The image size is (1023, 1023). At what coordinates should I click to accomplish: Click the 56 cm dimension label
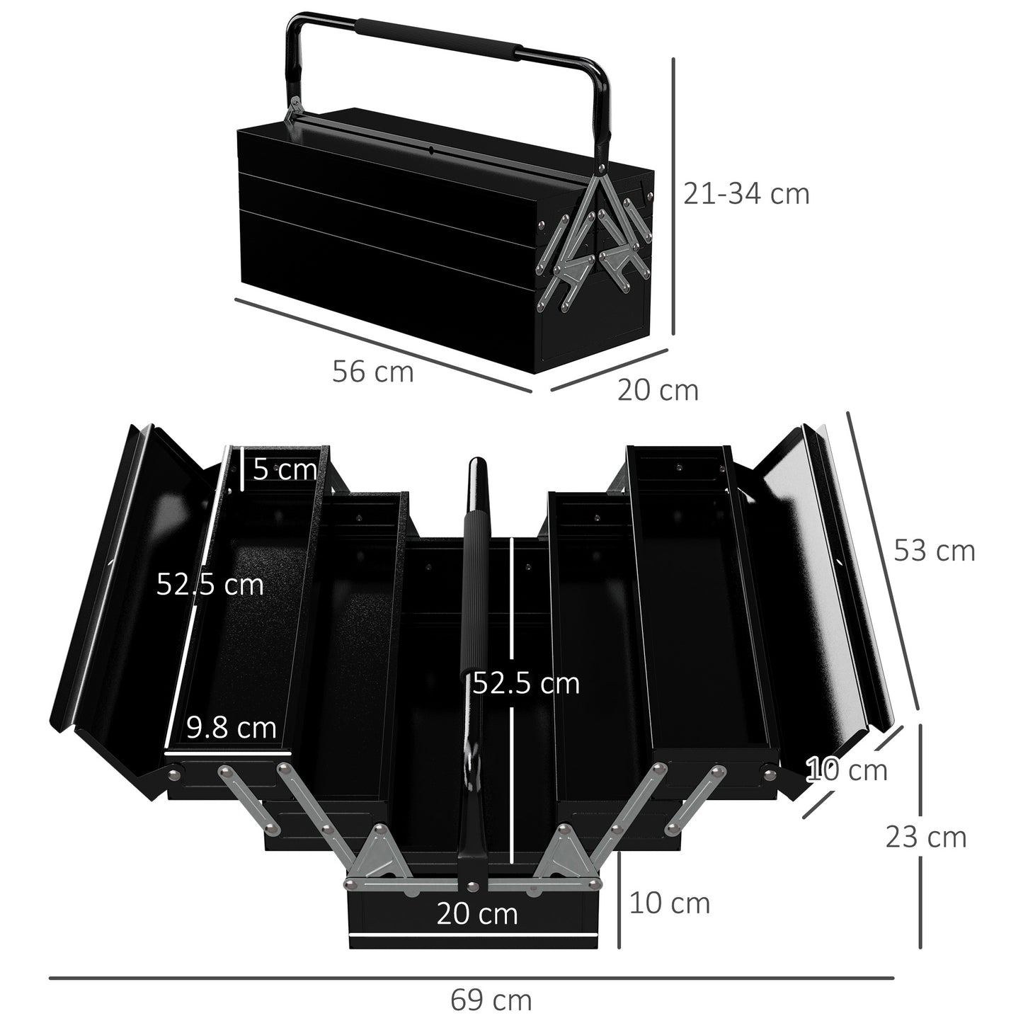coord(372,372)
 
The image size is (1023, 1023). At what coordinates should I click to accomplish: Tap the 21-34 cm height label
coord(746,193)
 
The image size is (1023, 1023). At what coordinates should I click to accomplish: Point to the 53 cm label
coord(935,550)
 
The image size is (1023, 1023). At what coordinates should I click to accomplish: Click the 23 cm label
coord(925,837)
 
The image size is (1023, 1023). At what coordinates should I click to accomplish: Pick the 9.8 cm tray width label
coord(232,727)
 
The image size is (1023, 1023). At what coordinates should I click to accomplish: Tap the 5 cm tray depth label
coord(284,469)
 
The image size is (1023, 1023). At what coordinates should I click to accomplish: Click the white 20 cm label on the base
coord(476,913)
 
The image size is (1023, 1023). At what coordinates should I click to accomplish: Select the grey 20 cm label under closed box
coord(658,390)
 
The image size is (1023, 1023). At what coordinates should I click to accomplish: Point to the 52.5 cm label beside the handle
coord(526,683)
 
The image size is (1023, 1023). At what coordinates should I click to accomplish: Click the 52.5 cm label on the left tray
coord(210,585)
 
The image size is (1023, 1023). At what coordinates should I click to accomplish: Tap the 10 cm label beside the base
coord(669,903)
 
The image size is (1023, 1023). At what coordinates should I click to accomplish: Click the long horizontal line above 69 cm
coord(471,979)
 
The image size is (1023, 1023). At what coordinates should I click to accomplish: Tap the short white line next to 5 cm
coord(241,468)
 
